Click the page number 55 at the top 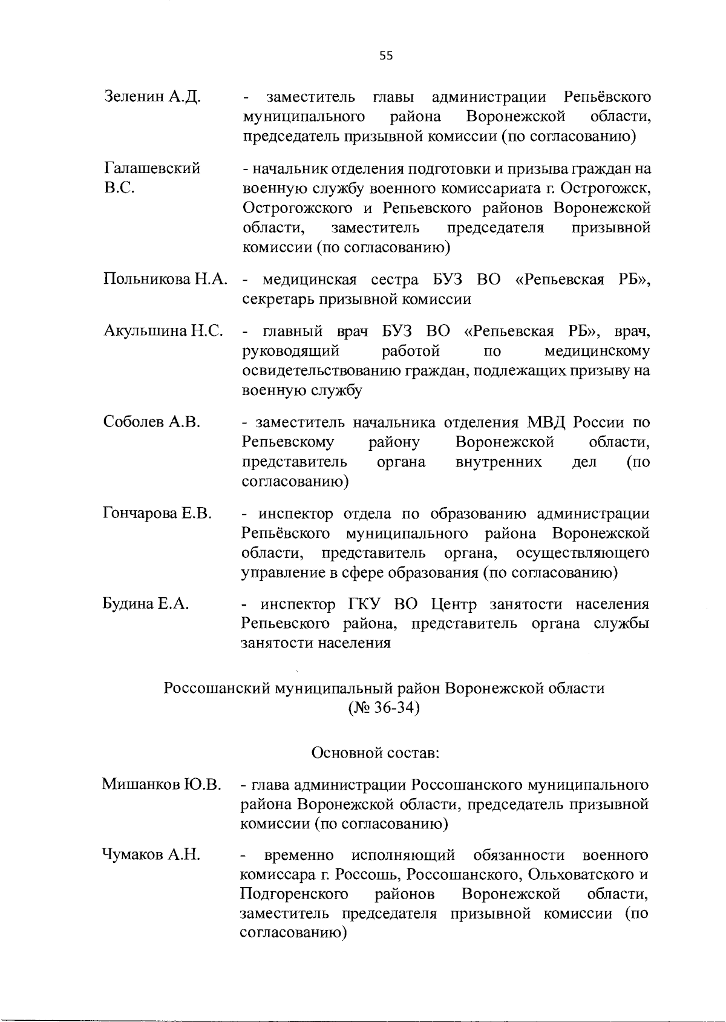386,56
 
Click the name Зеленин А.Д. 152,97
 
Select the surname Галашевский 152,168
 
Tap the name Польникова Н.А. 166,280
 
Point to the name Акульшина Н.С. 165,331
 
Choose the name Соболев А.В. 152,422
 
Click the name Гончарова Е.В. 157,514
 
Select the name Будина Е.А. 146,604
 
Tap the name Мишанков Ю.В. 161,785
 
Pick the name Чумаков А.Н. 151,855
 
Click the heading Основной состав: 375,753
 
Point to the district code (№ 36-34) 384,707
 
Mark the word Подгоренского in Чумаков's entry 294,894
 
